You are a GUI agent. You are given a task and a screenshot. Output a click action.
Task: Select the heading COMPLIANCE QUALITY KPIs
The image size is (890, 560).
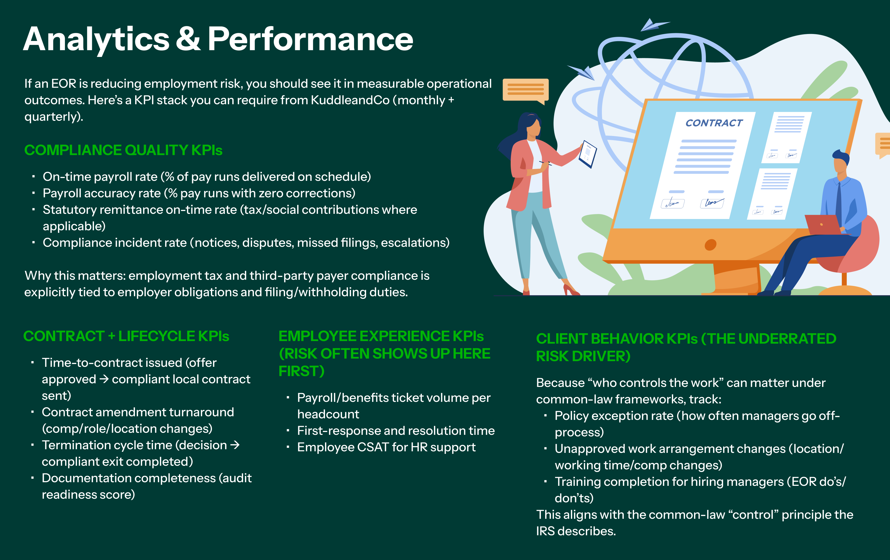click(123, 150)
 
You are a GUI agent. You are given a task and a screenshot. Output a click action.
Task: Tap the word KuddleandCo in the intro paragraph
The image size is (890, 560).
click(350, 100)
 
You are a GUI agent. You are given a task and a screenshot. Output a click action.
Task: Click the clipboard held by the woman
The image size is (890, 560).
click(588, 154)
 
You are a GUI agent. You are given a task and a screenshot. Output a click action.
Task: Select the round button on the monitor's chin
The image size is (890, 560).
click(710, 245)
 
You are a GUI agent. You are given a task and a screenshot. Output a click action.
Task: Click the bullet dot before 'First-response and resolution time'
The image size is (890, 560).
click(288, 431)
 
